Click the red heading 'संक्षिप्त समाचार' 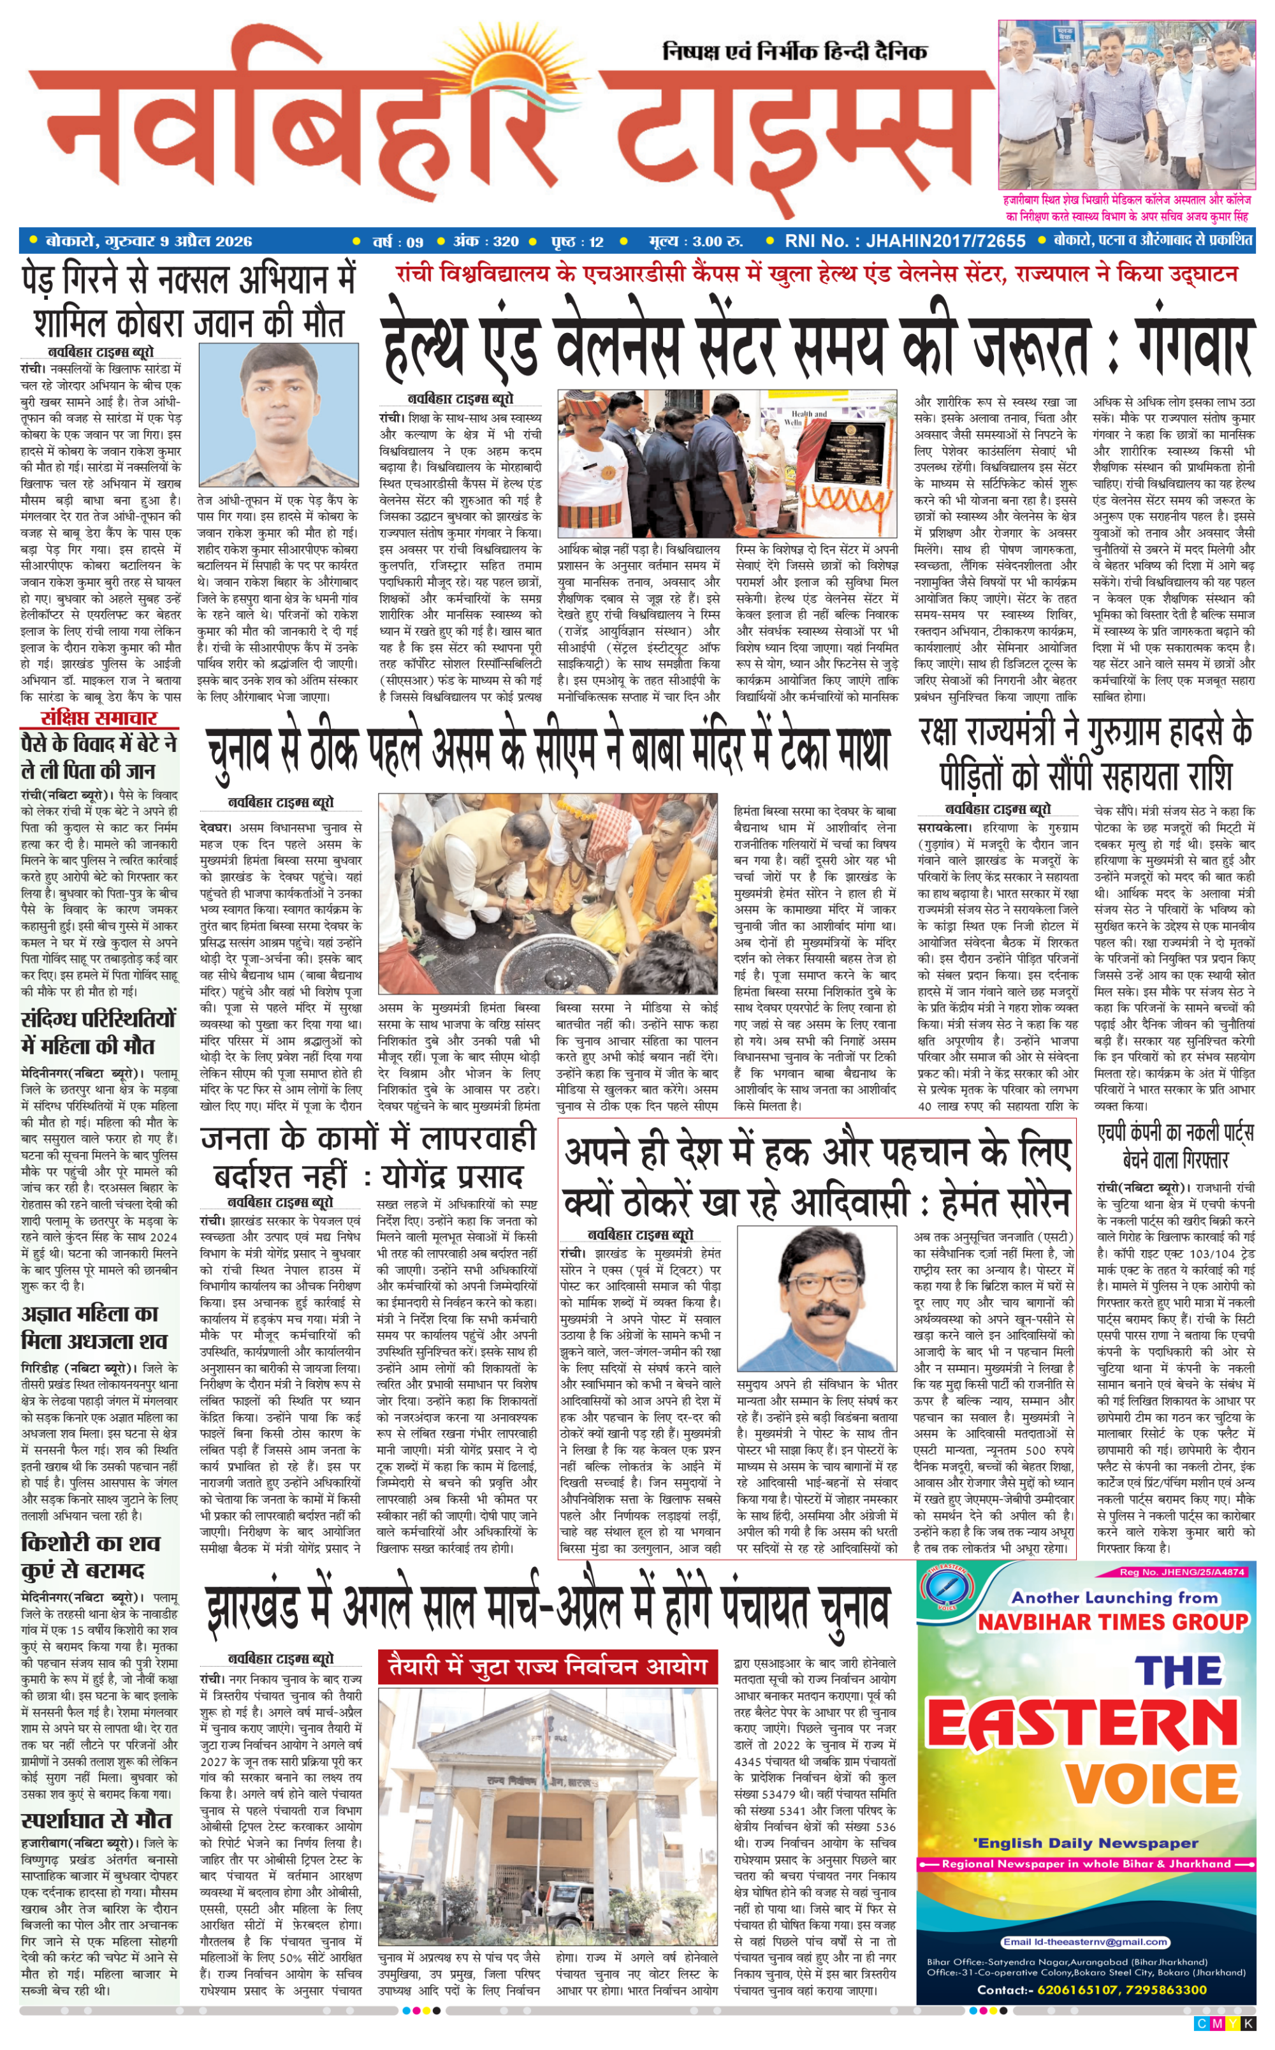(99, 718)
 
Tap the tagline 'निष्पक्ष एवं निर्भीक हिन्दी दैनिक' (794, 52)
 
